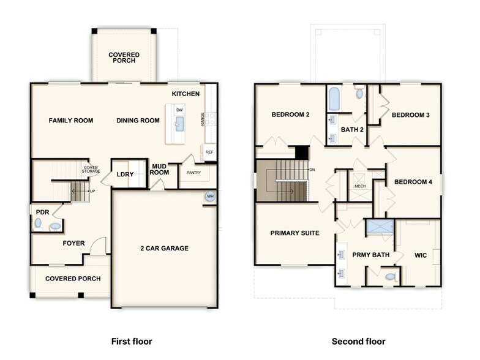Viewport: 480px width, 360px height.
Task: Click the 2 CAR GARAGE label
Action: coord(164,248)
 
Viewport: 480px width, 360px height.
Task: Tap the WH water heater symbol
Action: coord(210,197)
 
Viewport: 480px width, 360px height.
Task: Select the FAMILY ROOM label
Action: coord(71,121)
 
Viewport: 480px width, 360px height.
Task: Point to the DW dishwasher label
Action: coord(179,110)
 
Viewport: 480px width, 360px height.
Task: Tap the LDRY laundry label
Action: coord(125,174)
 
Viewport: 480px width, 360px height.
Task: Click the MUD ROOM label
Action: coord(160,169)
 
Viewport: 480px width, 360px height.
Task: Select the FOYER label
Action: coord(73,243)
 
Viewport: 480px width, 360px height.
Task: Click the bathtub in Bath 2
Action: coord(334,97)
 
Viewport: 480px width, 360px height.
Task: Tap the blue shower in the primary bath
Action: coord(380,227)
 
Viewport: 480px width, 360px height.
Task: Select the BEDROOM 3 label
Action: coord(411,115)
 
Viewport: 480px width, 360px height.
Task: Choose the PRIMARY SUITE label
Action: coord(294,233)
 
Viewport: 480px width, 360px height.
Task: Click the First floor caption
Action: coord(131,341)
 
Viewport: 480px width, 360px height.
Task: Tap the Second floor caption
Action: coord(359,341)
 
